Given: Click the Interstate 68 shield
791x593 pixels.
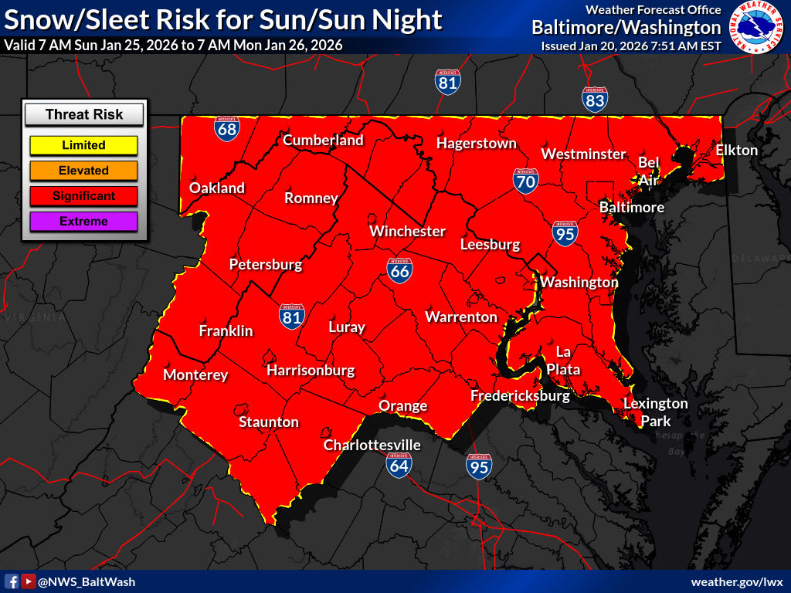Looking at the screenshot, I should point(226,128).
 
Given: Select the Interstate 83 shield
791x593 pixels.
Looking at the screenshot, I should point(594,98).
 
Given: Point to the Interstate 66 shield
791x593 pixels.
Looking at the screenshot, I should point(399,269).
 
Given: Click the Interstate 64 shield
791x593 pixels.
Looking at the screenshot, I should point(399,463).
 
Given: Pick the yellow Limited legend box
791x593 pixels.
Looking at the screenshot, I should point(83,145).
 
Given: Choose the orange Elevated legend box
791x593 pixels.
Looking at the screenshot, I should point(83,171).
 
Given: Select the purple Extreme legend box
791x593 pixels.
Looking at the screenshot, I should point(83,222).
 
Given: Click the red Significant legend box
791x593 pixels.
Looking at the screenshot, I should point(83,196).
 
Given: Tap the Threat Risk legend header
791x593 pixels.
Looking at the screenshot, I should point(83,115).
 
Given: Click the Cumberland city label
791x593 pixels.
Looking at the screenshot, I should point(323,141).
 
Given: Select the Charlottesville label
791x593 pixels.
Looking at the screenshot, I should point(372,446).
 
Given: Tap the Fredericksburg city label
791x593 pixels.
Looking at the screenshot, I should point(520,396).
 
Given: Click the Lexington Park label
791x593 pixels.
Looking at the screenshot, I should point(655,412).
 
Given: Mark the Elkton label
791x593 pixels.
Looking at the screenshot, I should point(736,150).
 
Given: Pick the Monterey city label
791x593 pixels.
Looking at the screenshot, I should point(195,375).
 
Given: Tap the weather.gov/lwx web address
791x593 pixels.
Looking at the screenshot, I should point(737,581).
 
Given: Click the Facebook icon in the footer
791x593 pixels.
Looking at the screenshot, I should point(12,581).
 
